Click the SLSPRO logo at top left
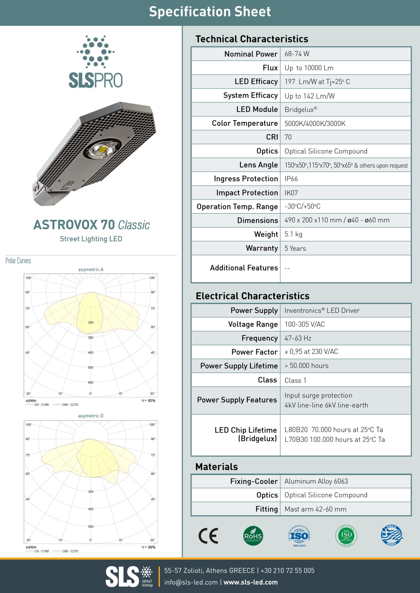point(96,62)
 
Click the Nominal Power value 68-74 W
point(297,54)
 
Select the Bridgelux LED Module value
point(301,109)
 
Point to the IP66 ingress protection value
point(291,179)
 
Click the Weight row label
point(266,234)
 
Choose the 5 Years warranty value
point(295,248)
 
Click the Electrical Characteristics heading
point(252,296)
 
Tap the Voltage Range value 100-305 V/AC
point(304,324)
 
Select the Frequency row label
point(259,338)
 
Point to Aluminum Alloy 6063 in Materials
point(316,481)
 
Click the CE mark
point(208,536)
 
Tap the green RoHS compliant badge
point(253,536)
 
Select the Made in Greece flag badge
point(392,535)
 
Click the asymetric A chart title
point(91,269)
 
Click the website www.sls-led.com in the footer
point(251,583)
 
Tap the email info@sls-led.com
point(191,583)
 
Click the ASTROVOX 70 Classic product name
point(91,225)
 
